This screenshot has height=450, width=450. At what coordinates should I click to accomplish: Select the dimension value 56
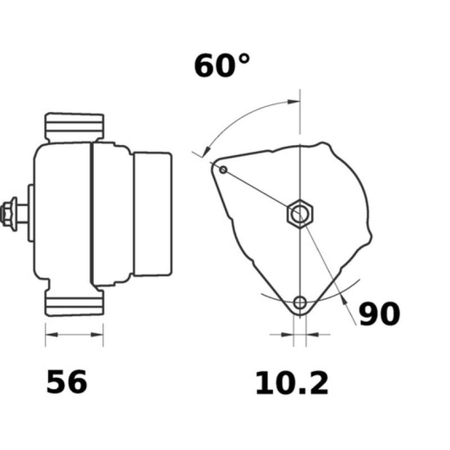(x=67, y=382)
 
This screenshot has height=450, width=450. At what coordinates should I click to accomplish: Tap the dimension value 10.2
(x=291, y=384)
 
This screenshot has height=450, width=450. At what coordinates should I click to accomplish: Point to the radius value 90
(x=379, y=314)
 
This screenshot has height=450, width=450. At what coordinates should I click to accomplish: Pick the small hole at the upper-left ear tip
(x=223, y=169)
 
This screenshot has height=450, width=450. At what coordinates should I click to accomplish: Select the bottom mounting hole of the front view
(x=300, y=303)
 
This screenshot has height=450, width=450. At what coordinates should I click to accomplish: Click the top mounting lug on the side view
(x=74, y=128)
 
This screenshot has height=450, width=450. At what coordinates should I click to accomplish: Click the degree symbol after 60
(x=241, y=58)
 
